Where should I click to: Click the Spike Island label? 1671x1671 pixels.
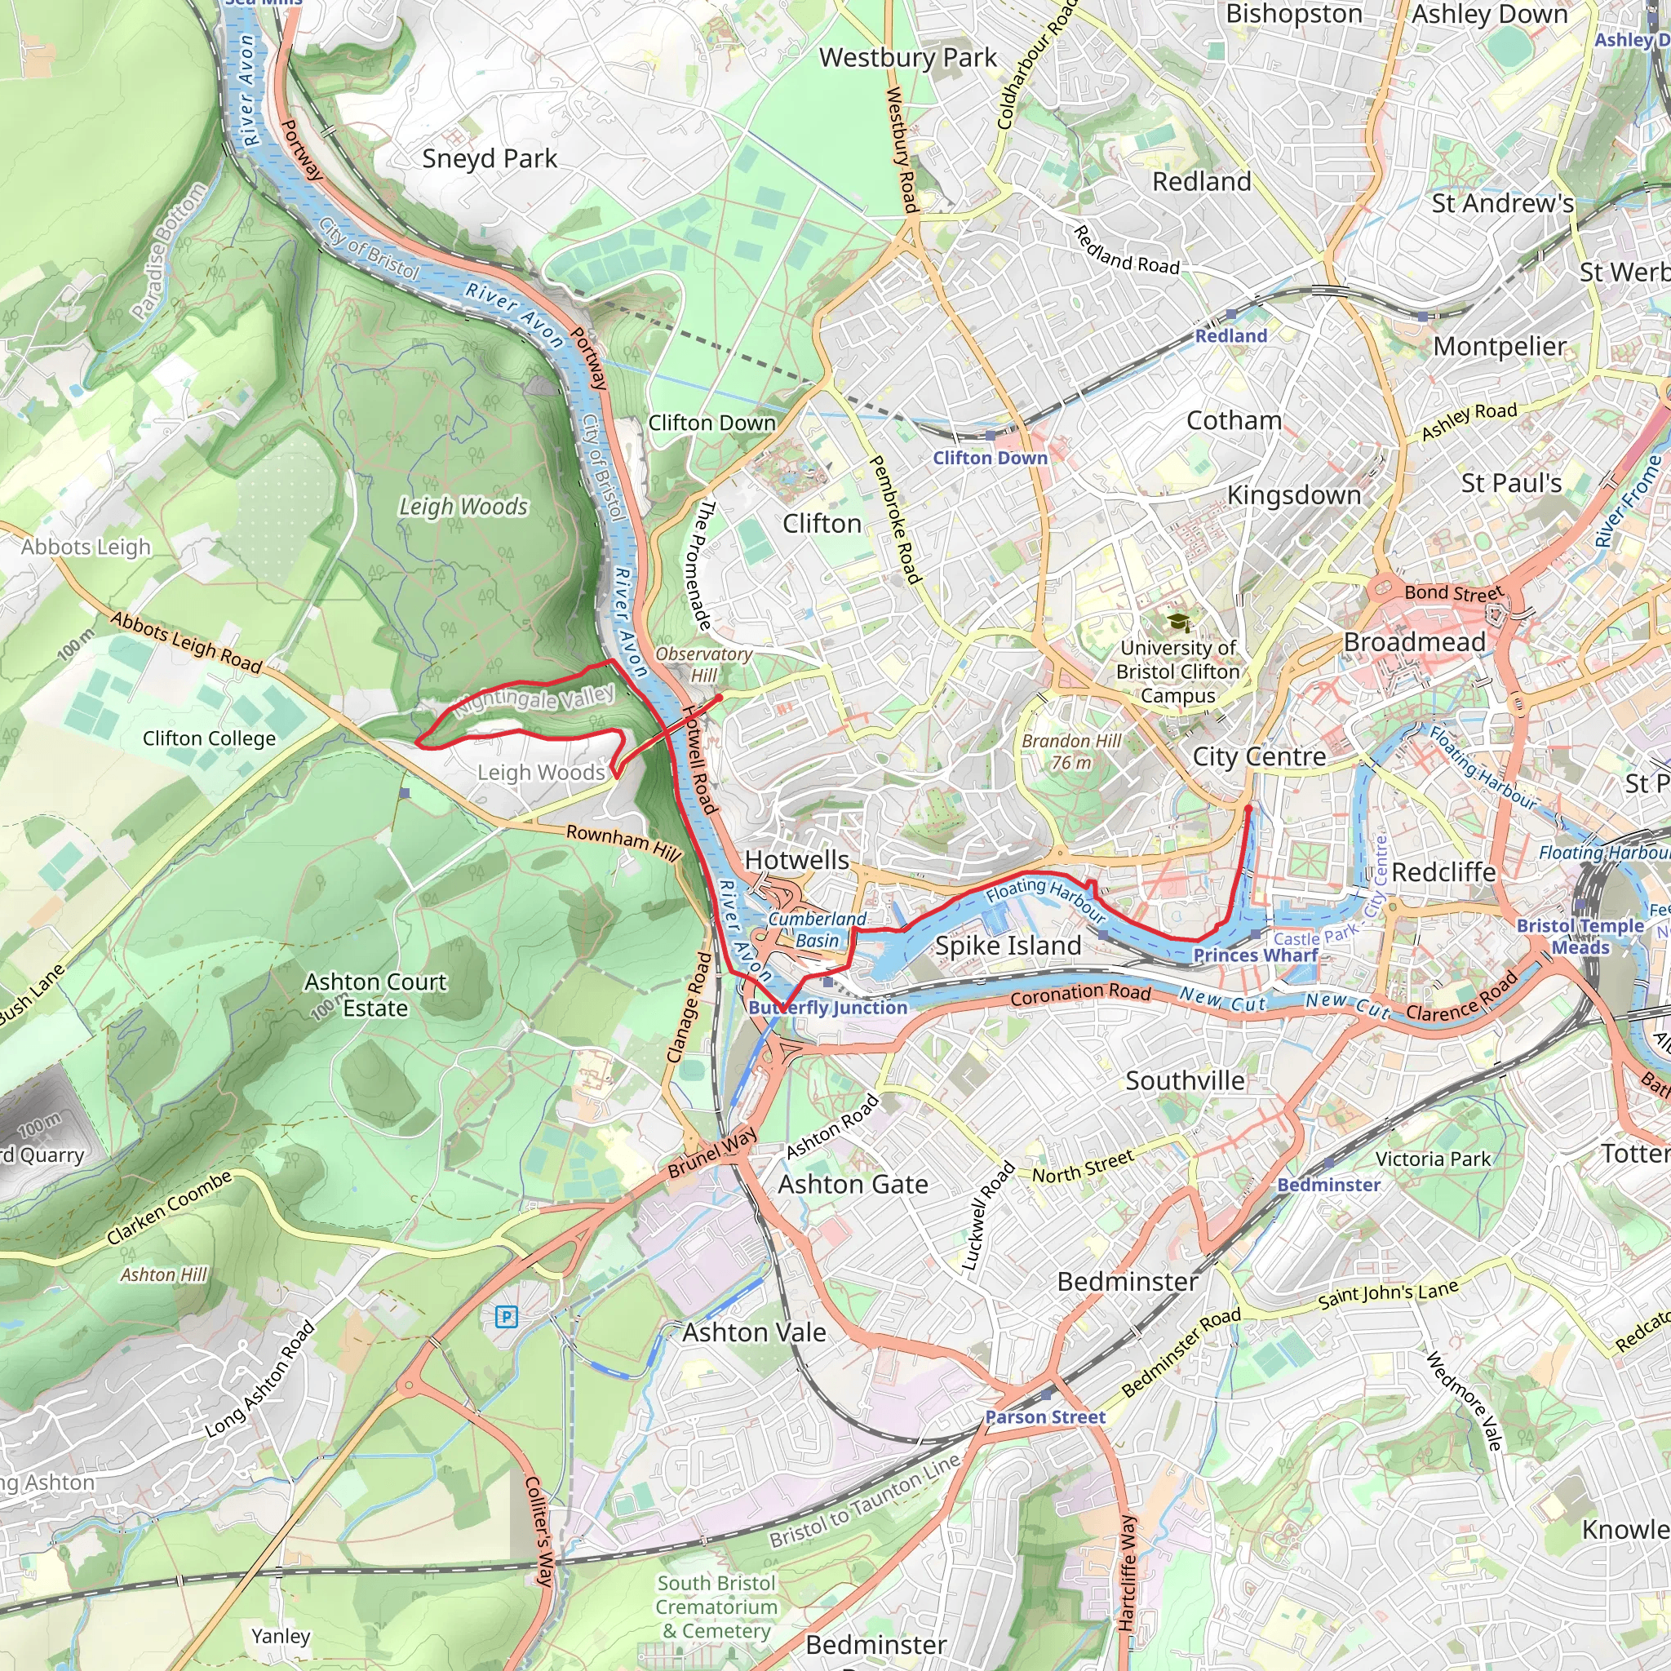(1008, 946)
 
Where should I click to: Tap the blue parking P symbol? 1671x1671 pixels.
(506, 1317)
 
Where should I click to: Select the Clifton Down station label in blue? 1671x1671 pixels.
(990, 458)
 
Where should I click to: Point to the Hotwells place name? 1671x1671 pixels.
(796, 860)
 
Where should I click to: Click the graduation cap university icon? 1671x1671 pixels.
(1177, 622)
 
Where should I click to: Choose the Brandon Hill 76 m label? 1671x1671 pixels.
(1071, 751)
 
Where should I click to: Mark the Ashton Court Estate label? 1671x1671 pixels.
(375, 995)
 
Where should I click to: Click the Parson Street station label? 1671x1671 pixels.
(1046, 1416)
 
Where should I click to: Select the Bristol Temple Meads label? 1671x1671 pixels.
(1580, 936)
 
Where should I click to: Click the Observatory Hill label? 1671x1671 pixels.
(703, 664)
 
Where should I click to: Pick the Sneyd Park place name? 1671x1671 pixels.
(490, 158)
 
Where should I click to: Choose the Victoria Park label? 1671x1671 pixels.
(1433, 1159)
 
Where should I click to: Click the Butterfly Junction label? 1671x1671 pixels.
(827, 1008)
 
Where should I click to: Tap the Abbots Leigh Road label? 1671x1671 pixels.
(186, 643)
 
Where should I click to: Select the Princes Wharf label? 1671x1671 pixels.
(1255, 955)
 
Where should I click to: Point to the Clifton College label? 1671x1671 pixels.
(210, 738)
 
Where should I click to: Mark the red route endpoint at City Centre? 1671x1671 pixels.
(1248, 808)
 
